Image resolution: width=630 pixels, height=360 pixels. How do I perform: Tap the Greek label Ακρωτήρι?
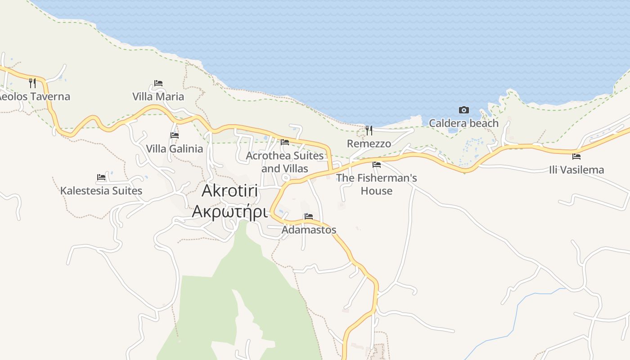point(229,211)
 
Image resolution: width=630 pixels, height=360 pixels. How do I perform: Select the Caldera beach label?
point(463,123)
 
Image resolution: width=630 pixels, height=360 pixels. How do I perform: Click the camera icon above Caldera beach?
point(463,110)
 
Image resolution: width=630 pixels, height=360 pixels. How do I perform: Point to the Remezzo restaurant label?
point(369,144)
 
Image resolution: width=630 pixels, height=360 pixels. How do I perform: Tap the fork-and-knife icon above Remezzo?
point(369,130)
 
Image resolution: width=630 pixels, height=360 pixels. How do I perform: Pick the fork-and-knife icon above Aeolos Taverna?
point(32,83)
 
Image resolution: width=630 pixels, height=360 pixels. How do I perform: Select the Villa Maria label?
point(158,96)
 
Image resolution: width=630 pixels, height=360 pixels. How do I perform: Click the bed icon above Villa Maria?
point(158,83)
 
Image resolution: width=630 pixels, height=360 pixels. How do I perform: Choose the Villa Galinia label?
point(174,148)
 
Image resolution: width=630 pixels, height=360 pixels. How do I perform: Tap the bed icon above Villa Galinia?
point(175,135)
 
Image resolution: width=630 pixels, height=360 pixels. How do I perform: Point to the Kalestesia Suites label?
point(101,191)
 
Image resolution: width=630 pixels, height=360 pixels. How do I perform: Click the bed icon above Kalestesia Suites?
point(101,177)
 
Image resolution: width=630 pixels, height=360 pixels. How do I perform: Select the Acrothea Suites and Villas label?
point(285,162)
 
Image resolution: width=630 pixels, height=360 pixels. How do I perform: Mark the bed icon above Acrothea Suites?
point(285,142)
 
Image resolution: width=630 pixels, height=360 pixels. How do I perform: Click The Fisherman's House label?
point(377,184)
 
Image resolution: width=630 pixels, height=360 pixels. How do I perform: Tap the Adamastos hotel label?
point(309,230)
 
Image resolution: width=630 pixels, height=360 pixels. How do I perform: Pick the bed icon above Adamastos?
point(309,216)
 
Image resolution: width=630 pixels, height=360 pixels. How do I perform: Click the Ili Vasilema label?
point(576,170)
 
